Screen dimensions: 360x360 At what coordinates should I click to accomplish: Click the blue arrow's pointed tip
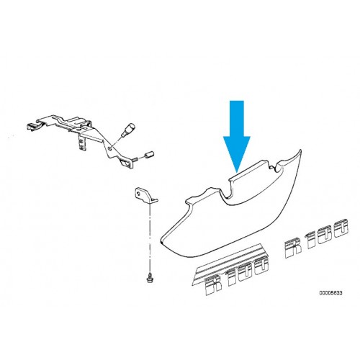pos(237,172)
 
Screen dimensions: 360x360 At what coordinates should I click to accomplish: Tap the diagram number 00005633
pos(330,293)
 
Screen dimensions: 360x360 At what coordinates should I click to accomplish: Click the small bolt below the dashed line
pos(150,279)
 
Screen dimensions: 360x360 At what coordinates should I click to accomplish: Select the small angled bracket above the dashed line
pos(145,194)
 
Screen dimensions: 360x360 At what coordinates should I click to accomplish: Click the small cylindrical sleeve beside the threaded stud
pos(149,155)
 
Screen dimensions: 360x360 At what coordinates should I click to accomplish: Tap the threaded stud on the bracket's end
pos(135,159)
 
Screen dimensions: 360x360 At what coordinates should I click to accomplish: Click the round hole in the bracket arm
pos(109,149)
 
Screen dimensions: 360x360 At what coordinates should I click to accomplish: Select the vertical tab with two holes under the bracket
pos(82,142)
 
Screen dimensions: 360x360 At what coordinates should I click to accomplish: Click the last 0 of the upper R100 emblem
pos(340,229)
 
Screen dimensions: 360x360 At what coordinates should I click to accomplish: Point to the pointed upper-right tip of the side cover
pos(300,150)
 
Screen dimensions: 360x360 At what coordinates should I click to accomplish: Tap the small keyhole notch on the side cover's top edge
pos(272,166)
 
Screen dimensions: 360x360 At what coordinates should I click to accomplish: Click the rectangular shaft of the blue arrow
pos(237,119)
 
